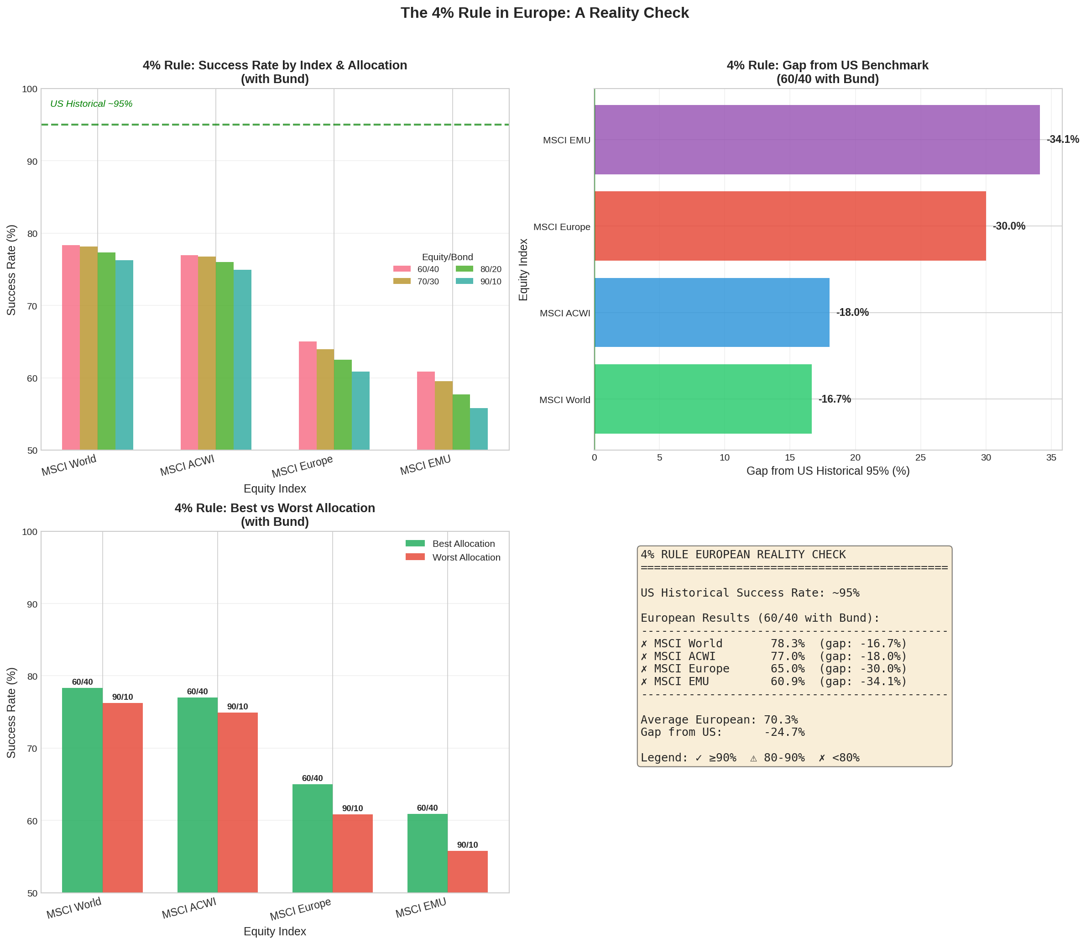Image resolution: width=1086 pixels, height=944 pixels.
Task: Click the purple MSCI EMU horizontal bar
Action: tap(816, 140)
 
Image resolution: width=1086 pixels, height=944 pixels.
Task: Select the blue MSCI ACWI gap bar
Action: tap(711, 312)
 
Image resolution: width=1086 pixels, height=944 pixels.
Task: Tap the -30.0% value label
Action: tap(1008, 226)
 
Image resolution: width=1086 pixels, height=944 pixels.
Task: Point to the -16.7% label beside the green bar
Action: tap(834, 399)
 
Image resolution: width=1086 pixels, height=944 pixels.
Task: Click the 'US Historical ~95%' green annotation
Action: tap(91, 104)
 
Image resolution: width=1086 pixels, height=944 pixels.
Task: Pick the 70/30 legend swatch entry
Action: tap(416, 281)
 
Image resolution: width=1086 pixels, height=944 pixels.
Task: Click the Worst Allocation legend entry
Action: tap(453, 557)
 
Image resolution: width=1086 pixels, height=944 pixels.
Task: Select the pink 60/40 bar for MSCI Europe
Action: tap(308, 395)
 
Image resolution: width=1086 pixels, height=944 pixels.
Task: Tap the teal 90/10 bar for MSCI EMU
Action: tap(479, 429)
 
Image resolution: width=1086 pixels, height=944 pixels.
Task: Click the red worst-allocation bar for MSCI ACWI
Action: tap(238, 802)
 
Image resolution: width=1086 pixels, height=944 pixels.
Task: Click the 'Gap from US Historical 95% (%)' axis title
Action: tap(827, 471)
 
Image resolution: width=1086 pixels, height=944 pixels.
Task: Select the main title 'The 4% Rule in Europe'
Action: tap(544, 13)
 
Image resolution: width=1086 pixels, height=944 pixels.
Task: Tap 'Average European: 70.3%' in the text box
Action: tap(719, 719)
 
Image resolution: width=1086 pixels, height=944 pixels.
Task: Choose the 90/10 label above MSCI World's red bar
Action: tap(122, 697)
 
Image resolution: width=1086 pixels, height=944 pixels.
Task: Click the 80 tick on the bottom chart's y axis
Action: tap(32, 677)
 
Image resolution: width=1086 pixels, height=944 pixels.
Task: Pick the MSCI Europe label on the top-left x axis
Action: tap(303, 466)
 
